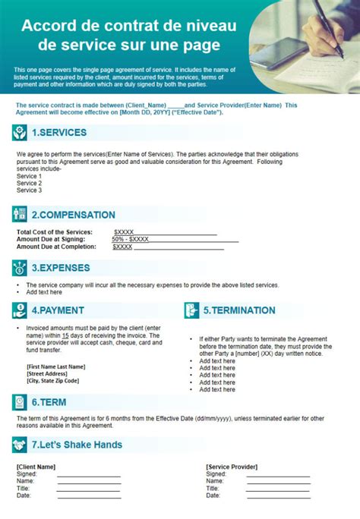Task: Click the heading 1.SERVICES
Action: (x=58, y=133)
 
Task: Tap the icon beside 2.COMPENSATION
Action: (x=20, y=214)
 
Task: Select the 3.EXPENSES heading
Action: (x=60, y=268)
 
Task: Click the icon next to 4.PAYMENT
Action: (x=20, y=310)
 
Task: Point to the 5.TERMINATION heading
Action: (x=238, y=310)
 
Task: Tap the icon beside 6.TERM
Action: (x=20, y=402)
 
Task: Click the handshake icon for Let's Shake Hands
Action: (x=20, y=445)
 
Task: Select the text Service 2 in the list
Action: (x=29, y=183)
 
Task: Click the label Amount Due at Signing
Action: (x=56, y=239)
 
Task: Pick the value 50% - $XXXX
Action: (x=130, y=239)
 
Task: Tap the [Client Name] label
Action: (x=36, y=467)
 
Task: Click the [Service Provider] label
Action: (x=232, y=467)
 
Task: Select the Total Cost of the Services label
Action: (x=55, y=231)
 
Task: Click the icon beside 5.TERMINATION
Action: (x=191, y=310)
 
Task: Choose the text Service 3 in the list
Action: (x=29, y=190)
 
